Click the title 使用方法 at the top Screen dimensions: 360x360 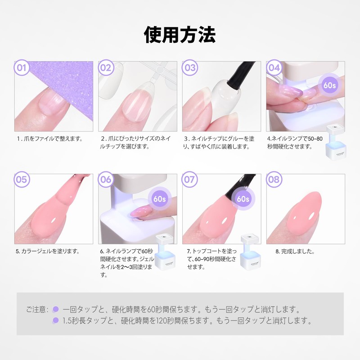click(180, 34)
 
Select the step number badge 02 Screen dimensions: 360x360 click(106, 68)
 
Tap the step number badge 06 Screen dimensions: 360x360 click(106, 179)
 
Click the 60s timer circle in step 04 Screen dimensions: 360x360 click(331, 84)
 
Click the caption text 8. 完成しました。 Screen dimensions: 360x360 click(295, 251)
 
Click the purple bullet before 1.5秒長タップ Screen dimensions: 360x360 click(56, 320)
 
